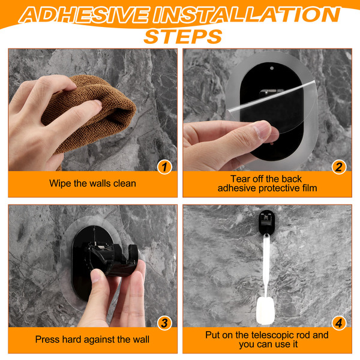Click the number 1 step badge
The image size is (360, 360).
tap(164, 167)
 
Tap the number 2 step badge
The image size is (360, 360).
tap(339, 167)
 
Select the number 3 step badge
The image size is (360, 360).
tap(164, 323)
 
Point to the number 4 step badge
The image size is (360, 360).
tap(339, 323)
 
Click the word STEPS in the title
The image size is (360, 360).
tap(183, 37)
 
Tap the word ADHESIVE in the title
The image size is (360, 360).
tap(84, 15)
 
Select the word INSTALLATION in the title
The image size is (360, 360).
tap(247, 15)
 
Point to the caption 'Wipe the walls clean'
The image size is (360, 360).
tap(92, 184)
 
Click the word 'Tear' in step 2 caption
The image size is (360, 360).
tap(240, 179)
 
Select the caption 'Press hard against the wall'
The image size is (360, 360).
tap(92, 340)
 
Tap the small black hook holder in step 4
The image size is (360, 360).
tap(266, 222)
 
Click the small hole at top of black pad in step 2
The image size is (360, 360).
tap(272, 68)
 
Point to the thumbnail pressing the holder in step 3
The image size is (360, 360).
tap(97, 276)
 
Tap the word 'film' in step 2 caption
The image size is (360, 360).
tap(310, 188)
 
